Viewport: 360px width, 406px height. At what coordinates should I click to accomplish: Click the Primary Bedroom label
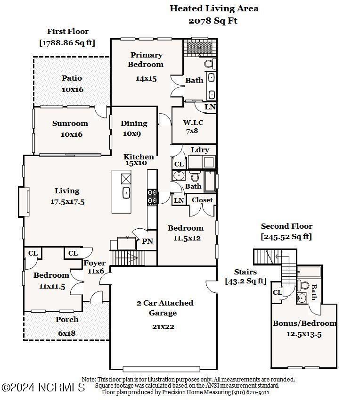(x=146, y=60)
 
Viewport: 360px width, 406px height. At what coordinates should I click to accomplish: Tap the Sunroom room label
(x=70, y=124)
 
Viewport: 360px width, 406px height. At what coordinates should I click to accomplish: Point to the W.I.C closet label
(x=193, y=123)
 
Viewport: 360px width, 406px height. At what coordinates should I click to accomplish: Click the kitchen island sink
(x=126, y=192)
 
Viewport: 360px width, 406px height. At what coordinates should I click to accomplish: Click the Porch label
(x=67, y=320)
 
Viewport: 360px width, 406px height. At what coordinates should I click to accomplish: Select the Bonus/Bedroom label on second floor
(x=305, y=323)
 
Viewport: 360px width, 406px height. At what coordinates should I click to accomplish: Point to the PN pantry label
(x=147, y=241)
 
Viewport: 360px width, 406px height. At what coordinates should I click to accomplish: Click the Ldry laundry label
(x=200, y=150)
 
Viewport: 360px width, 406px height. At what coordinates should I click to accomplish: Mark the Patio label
(x=72, y=78)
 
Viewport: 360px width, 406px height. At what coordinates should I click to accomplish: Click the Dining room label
(x=134, y=124)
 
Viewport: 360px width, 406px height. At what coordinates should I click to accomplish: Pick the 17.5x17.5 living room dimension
(x=67, y=201)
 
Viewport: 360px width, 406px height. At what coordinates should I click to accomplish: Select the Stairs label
(x=245, y=272)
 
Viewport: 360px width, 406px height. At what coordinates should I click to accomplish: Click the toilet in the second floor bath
(x=304, y=286)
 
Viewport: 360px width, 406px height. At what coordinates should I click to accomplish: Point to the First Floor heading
(x=67, y=32)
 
